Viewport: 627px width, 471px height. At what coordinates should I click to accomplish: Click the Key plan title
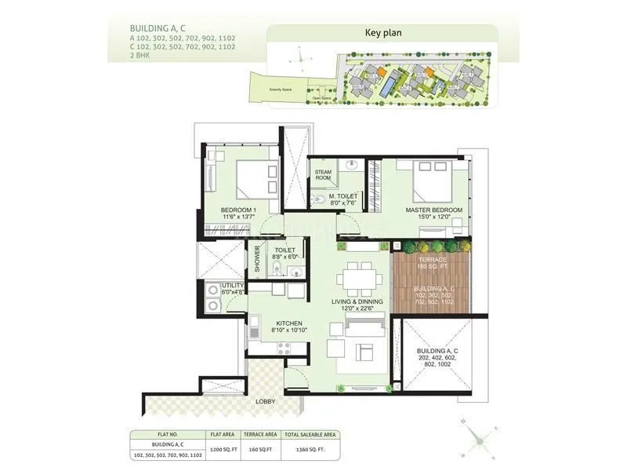click(382, 33)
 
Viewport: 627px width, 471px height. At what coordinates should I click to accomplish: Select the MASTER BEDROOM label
click(433, 210)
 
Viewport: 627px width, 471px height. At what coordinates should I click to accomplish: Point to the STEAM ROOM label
click(324, 175)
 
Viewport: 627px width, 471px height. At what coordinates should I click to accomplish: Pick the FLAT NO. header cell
click(167, 434)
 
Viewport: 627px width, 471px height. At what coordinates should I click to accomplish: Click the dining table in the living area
click(361, 278)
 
